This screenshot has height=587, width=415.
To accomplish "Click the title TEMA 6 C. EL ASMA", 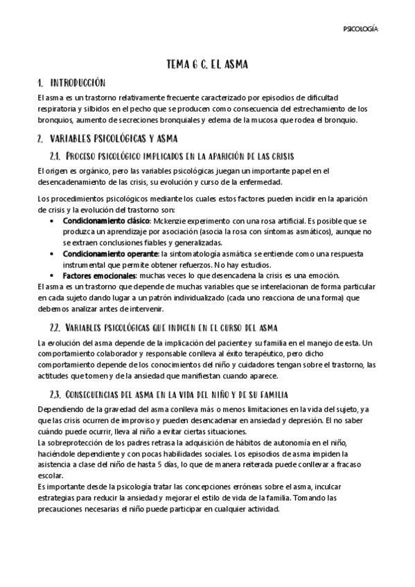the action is [207, 64].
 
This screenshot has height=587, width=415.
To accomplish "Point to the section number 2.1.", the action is [58, 156].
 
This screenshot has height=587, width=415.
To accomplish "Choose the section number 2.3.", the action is [58, 394].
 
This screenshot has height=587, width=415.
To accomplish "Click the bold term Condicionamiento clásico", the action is [107, 220].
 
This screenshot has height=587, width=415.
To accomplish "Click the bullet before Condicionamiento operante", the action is [54, 253].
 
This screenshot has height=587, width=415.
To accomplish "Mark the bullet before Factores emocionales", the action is [54, 276].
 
